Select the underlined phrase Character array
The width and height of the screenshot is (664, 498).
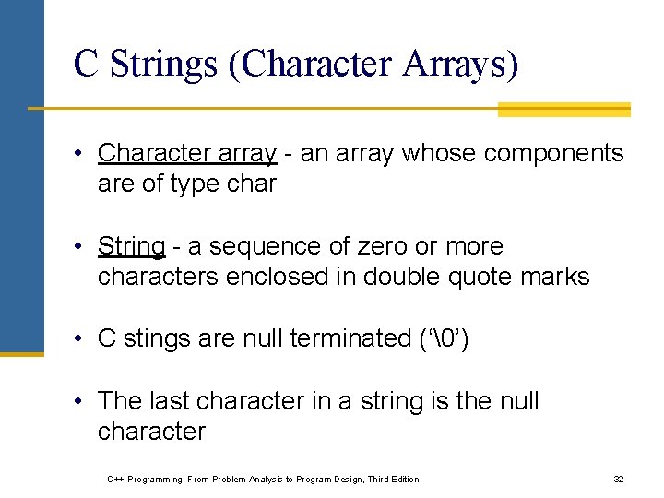[187, 153]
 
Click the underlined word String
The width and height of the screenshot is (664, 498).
[131, 247]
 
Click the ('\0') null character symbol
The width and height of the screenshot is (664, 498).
[444, 339]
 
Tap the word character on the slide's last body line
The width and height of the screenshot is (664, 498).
[151, 432]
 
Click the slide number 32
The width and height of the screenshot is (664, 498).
[619, 480]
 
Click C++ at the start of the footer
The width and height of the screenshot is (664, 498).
[115, 480]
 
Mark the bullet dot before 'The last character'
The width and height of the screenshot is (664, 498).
[83, 402]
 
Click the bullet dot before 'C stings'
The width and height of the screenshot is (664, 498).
[83, 339]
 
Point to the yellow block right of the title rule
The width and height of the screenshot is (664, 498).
[563, 110]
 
